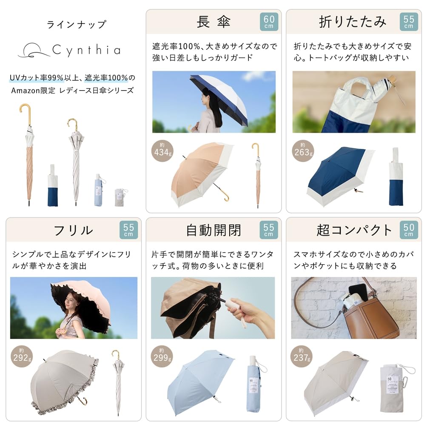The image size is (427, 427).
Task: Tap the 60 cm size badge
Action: coord(269,22)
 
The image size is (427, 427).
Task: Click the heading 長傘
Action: coord(213,22)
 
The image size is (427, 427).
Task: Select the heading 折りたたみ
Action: coord(353,22)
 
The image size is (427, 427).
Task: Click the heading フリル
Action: coord(73,230)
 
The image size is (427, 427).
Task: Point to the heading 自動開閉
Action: coord(213,230)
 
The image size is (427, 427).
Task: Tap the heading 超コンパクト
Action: coord(354,230)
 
